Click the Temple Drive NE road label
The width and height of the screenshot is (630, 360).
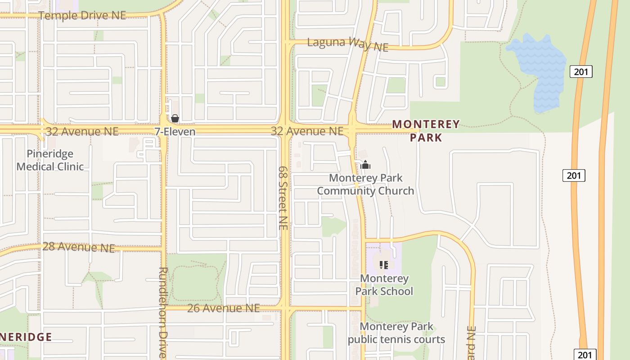(82, 15)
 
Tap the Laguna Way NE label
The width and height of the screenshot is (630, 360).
(347, 44)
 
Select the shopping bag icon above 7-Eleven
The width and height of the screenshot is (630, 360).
(175, 118)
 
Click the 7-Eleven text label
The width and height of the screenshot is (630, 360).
(175, 131)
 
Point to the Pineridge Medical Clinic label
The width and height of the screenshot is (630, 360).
(50, 160)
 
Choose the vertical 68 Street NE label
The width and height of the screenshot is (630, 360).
(283, 198)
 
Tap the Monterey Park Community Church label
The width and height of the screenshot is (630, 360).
(365, 184)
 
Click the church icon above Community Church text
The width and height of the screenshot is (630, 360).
(365, 165)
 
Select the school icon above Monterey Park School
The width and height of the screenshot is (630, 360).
(383, 265)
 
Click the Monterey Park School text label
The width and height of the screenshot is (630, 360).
(384, 284)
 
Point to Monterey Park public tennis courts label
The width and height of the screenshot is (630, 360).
(396, 333)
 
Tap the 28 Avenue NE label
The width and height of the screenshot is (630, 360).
(79, 247)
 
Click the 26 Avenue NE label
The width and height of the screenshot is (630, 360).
(223, 308)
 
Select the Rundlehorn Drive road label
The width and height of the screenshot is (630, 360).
(163, 313)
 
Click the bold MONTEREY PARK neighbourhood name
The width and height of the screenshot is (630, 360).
(426, 130)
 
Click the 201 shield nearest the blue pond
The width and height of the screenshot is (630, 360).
(581, 71)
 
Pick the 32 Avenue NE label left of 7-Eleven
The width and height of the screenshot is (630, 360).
(82, 131)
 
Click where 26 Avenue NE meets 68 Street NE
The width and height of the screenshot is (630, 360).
(285, 308)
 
